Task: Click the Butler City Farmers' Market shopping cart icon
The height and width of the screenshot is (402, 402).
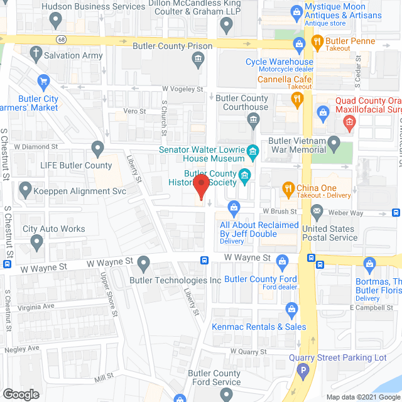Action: (x=43, y=81)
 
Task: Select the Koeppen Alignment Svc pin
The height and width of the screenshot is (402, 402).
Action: (x=25, y=188)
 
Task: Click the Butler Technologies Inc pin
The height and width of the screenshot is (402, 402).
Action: (x=144, y=263)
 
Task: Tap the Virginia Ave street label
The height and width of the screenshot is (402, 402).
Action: (x=36, y=306)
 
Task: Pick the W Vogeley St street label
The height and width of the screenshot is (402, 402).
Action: (x=183, y=90)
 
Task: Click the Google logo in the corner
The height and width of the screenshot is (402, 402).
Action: (x=20, y=394)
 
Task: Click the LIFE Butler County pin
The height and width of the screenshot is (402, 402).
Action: (x=97, y=149)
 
